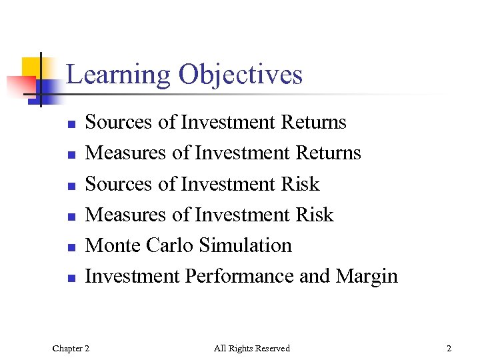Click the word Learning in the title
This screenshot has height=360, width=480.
(x=117, y=75)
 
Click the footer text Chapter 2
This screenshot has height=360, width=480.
(x=71, y=348)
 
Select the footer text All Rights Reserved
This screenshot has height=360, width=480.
(x=252, y=348)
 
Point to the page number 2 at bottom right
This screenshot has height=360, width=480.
(x=449, y=348)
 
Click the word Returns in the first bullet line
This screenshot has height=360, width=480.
(x=314, y=123)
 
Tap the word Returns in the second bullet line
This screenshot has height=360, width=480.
(x=328, y=153)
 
